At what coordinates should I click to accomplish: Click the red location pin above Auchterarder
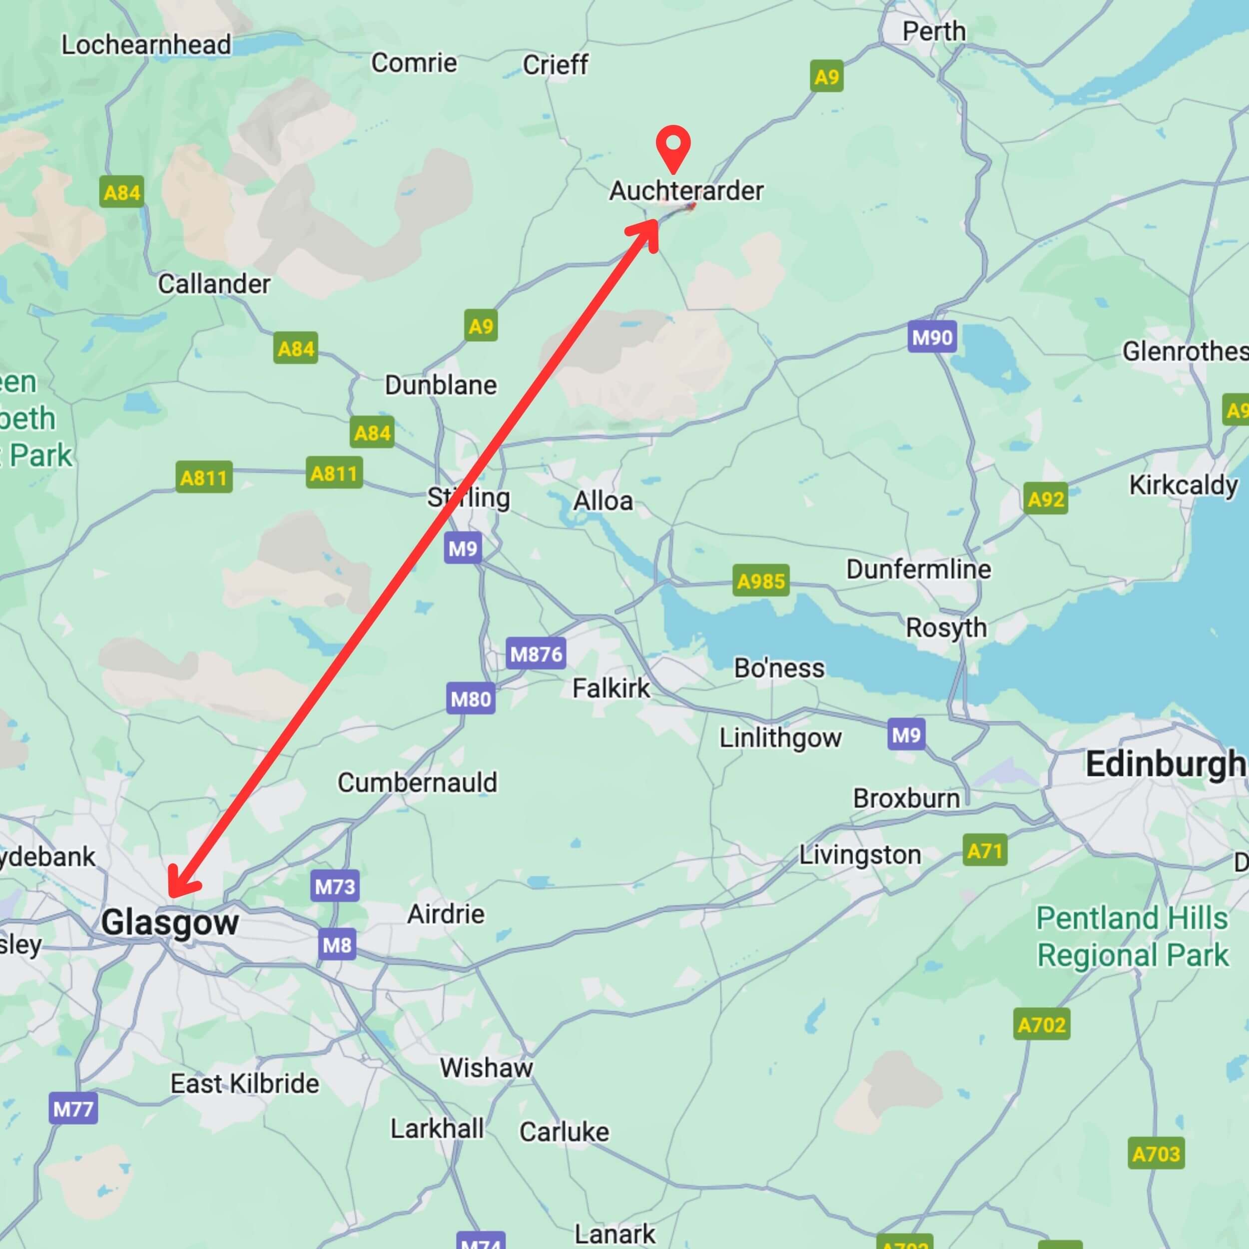[x=673, y=146]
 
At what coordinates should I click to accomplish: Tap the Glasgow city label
[x=170, y=923]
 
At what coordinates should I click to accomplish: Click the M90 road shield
[x=932, y=337]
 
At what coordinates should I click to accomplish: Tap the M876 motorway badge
[x=536, y=654]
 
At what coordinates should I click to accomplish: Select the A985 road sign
[x=761, y=581]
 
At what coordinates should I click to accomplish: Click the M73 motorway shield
[x=334, y=886]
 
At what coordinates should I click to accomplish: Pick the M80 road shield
[x=471, y=699]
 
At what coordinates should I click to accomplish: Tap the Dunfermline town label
[x=918, y=570]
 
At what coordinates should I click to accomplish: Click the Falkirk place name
[x=611, y=688]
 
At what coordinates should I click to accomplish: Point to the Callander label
[x=214, y=284]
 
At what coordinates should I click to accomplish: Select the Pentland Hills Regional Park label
[x=1132, y=937]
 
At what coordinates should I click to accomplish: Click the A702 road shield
[x=1041, y=1025]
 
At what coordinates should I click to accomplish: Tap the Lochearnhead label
[x=146, y=44]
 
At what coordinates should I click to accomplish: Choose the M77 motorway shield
[x=73, y=1109]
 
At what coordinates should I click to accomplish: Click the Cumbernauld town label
[x=418, y=783]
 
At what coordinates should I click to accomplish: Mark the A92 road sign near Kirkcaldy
[x=1045, y=499]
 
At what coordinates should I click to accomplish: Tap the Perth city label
[x=934, y=31]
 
